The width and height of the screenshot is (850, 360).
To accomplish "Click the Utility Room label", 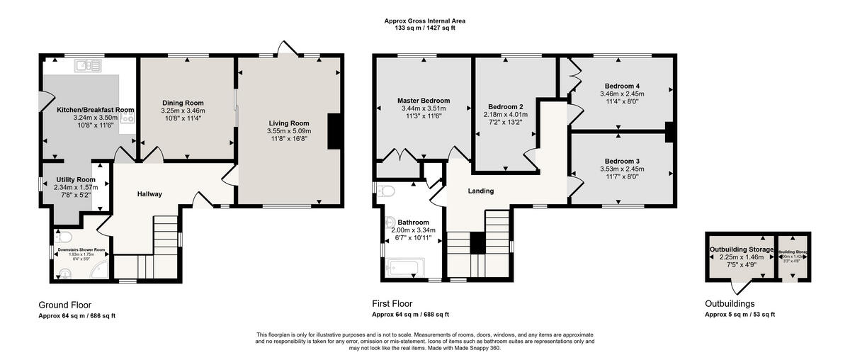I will (76, 180).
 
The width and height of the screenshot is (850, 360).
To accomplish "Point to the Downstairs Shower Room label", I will (81, 249).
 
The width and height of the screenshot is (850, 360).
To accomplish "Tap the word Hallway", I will (149, 194).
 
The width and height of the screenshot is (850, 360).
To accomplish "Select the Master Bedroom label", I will (424, 101).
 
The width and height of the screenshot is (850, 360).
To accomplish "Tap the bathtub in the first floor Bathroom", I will (406, 268).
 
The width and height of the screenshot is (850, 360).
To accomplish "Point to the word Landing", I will (480, 191).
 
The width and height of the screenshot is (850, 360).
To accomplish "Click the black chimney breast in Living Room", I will (332, 131).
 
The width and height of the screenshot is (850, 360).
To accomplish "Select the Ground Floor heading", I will (64, 303).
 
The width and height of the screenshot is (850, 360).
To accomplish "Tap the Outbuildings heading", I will (730, 303).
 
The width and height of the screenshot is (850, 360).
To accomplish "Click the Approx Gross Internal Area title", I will (425, 21).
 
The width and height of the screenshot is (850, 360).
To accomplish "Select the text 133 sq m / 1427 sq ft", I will (425, 28).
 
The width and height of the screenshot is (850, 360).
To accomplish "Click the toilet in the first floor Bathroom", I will (387, 190).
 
